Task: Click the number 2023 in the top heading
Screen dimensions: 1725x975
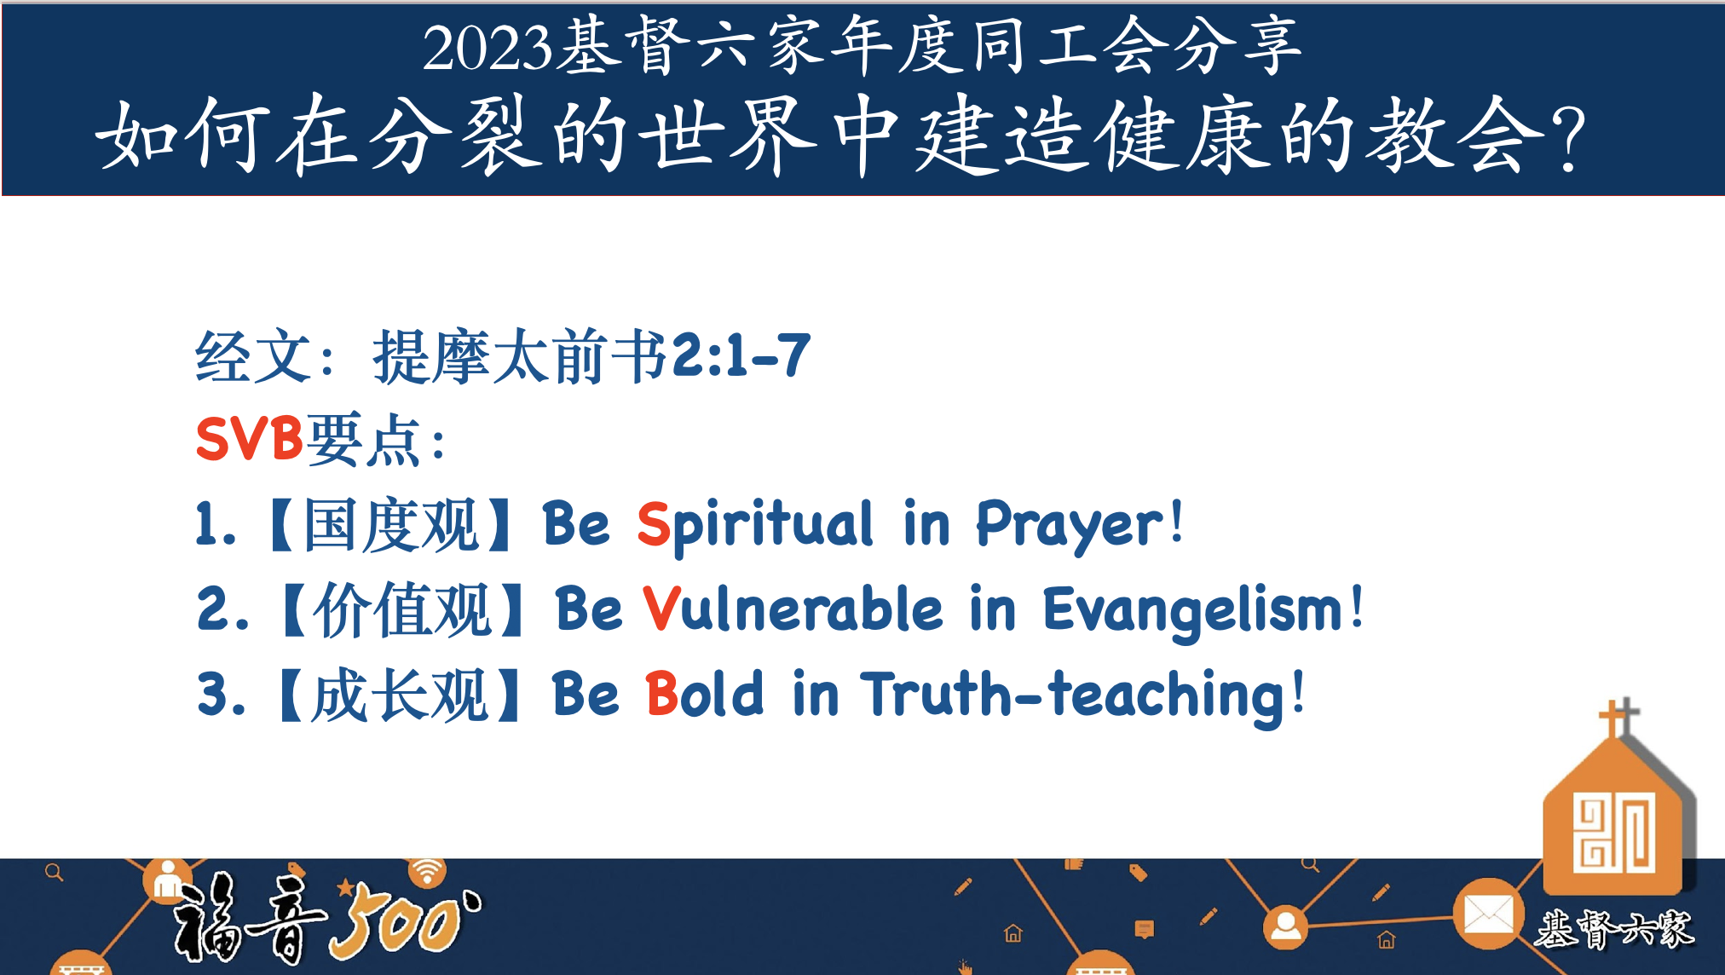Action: [x=487, y=48]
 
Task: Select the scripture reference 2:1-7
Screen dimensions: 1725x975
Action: [x=741, y=355]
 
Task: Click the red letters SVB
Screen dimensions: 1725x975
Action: [x=249, y=439]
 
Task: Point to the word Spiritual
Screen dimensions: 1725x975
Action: [x=755, y=524]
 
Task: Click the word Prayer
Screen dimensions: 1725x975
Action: [x=1069, y=524]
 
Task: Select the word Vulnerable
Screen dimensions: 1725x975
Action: [x=793, y=609]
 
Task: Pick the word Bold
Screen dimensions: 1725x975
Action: [x=704, y=694]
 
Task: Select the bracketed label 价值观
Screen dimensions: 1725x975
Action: [x=403, y=609]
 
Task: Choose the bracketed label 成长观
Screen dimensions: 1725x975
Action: [x=400, y=695]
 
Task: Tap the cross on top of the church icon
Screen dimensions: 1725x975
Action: [x=1617, y=718]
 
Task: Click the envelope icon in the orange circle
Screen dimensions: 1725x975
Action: [x=1488, y=915]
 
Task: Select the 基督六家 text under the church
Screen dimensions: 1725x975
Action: [x=1615, y=929]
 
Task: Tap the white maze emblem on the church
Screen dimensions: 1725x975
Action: [x=1614, y=833]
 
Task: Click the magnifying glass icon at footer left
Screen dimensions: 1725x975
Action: [x=55, y=873]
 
